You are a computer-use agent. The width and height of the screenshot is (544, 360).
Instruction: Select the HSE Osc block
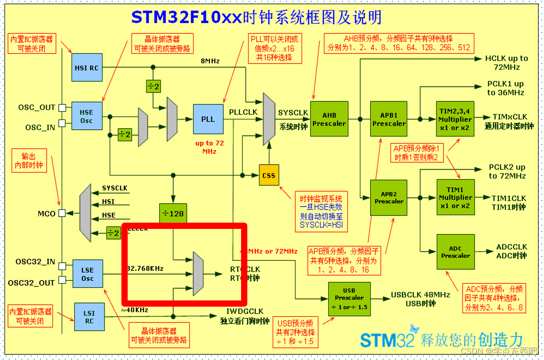[x=86, y=116]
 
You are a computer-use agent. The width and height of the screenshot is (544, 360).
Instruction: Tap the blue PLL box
[x=208, y=119]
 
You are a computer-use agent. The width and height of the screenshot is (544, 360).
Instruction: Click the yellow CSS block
[x=269, y=176]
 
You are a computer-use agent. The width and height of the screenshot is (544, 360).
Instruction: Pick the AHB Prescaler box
[x=329, y=119]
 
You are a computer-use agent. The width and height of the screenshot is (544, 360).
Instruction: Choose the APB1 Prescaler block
[x=389, y=119]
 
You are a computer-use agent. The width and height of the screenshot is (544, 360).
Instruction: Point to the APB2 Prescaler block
[x=389, y=198]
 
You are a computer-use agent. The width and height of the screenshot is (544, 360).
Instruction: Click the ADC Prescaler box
[x=455, y=252]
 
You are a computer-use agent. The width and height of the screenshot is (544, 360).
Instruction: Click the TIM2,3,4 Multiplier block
[x=455, y=119]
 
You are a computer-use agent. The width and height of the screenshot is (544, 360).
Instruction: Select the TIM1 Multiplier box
[x=455, y=197]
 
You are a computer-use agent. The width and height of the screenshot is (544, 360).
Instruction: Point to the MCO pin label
[x=46, y=214]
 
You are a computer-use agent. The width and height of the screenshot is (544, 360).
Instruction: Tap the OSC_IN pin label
[x=40, y=128]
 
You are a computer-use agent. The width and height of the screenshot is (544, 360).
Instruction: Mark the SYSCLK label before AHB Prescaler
[x=293, y=113]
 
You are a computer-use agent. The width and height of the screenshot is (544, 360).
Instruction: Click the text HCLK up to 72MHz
[x=507, y=63]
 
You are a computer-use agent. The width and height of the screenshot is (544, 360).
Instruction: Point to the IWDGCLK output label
[x=245, y=312]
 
